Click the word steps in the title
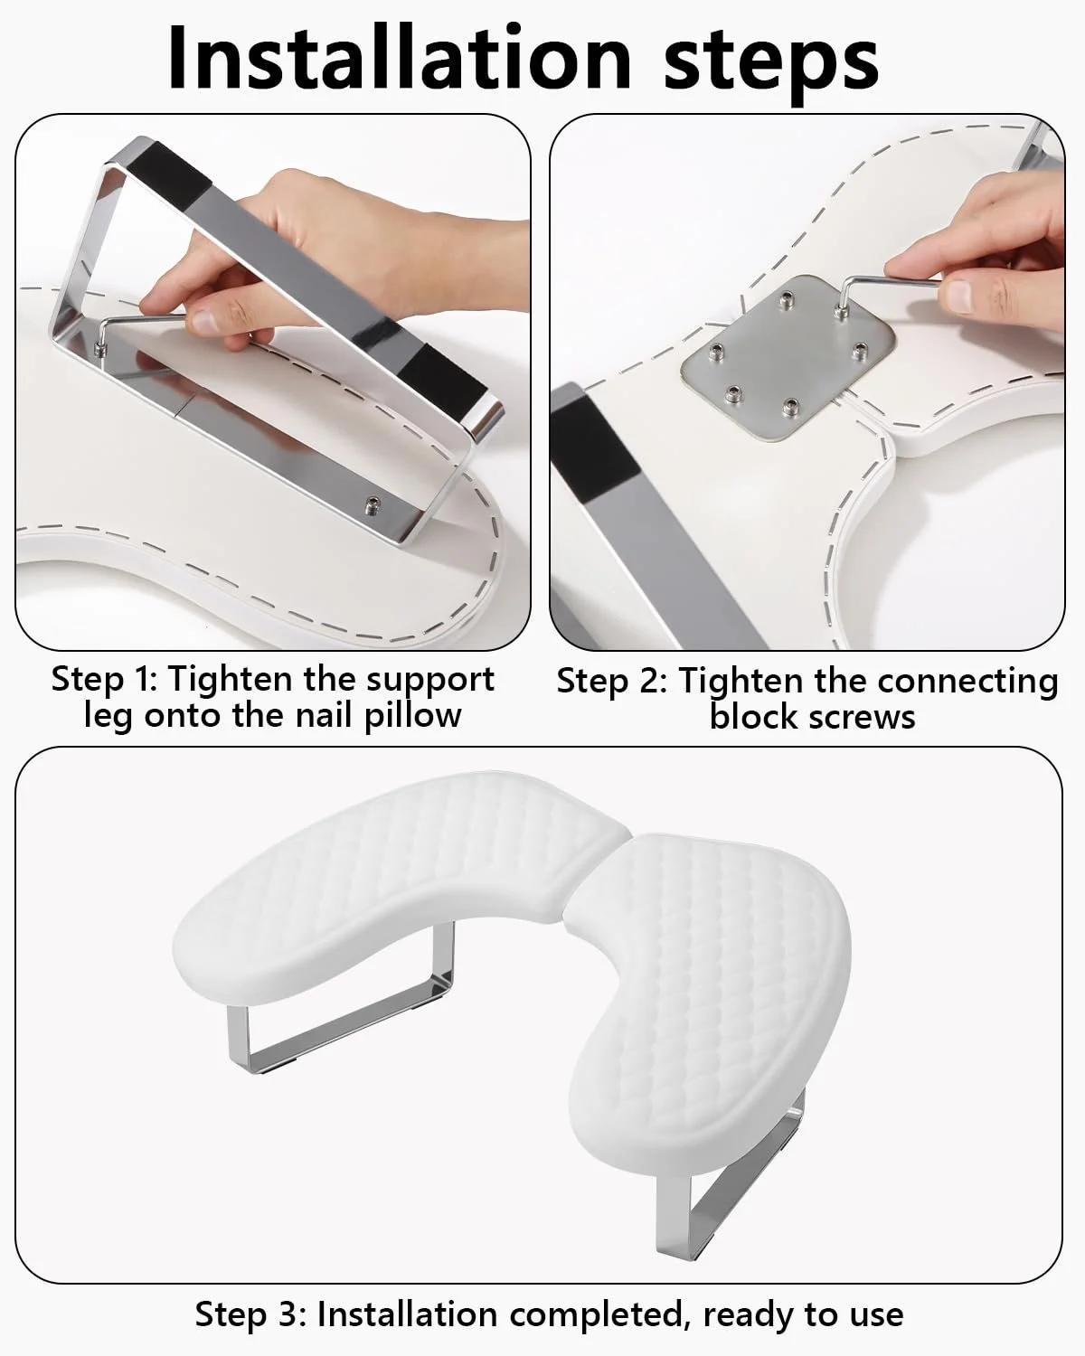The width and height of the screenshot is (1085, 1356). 771,63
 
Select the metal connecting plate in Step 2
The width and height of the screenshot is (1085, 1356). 788,357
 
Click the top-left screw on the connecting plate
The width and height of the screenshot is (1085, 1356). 785,298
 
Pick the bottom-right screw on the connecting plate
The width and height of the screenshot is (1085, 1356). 790,408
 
